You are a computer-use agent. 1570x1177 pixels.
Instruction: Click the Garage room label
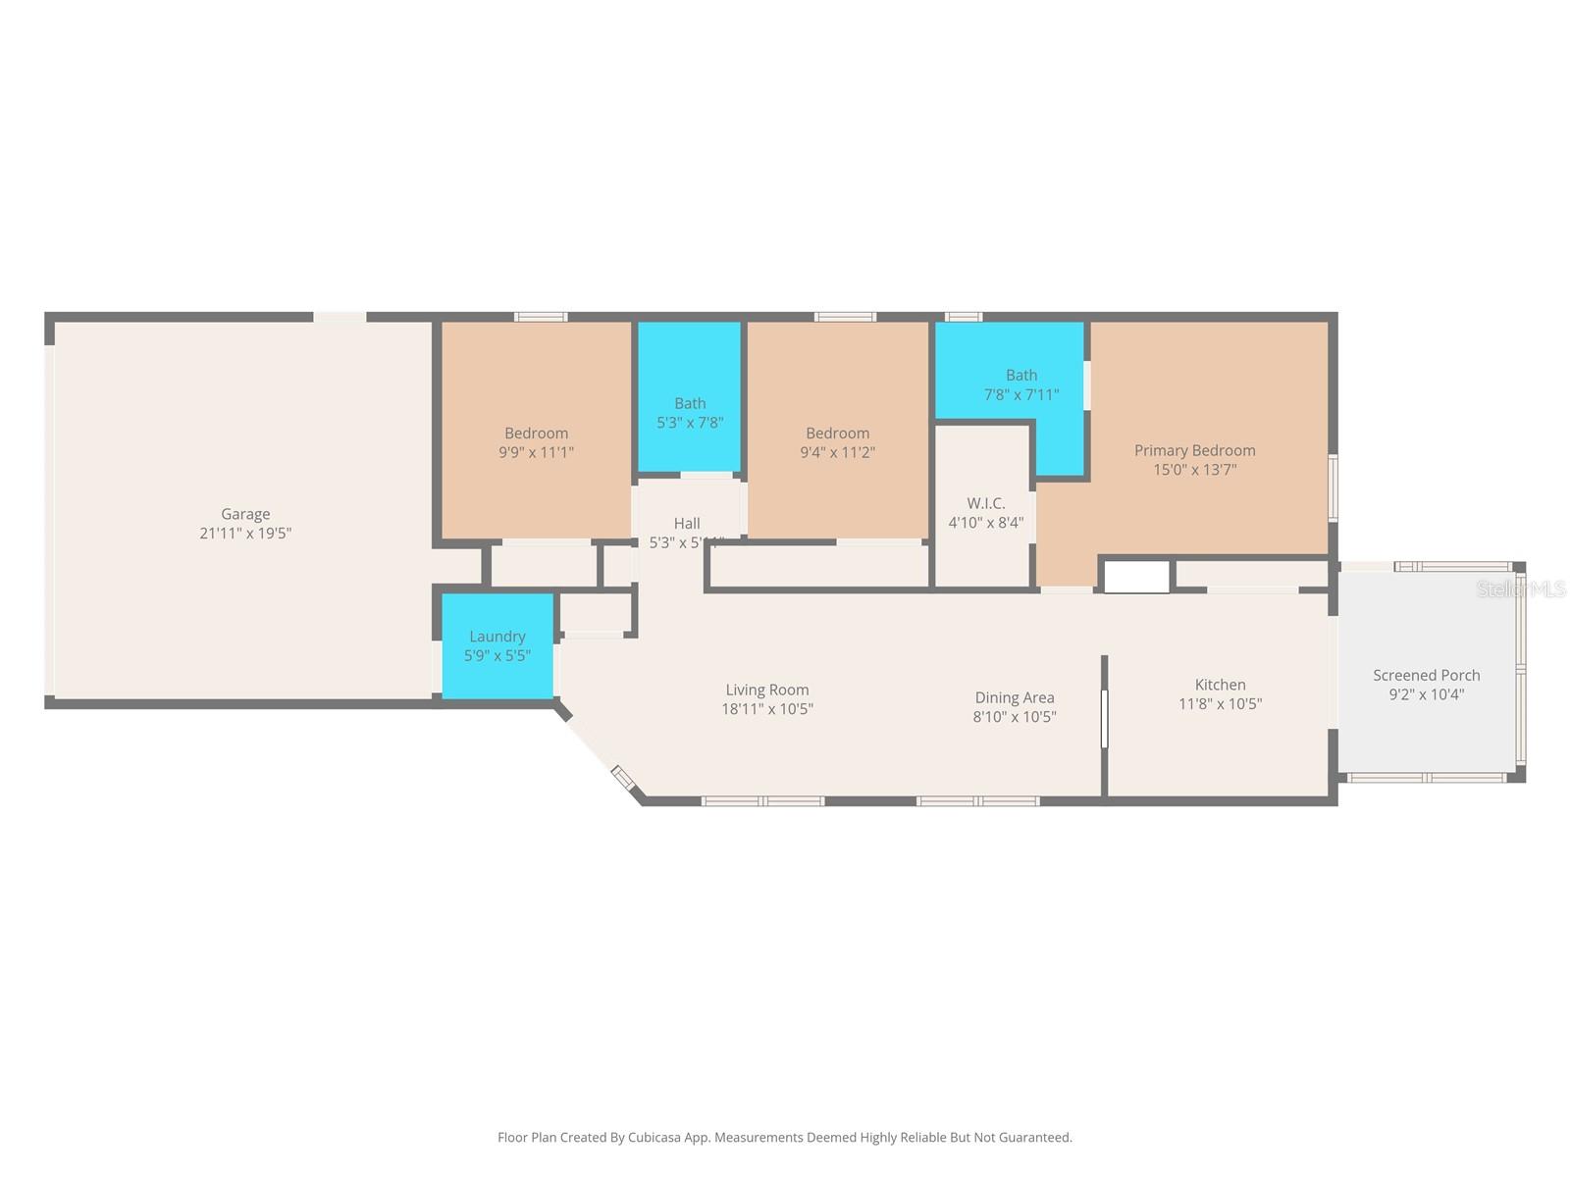(245, 514)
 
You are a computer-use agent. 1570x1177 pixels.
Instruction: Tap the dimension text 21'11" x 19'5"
(245, 534)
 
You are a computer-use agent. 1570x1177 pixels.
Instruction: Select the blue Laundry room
(497, 645)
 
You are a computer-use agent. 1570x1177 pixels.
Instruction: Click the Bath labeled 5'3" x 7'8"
(690, 413)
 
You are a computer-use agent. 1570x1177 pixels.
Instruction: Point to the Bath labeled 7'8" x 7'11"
(1021, 384)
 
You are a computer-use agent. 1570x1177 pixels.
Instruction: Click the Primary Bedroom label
(1194, 450)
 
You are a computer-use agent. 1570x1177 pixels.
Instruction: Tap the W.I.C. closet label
(985, 503)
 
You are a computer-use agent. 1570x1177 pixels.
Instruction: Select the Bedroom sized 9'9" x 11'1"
(536, 442)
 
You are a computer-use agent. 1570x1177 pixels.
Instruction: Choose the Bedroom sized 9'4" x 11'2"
(837, 442)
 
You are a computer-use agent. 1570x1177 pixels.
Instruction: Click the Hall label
(687, 524)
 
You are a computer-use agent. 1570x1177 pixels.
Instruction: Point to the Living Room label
(767, 690)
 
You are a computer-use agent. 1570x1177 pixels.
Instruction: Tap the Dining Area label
(1015, 697)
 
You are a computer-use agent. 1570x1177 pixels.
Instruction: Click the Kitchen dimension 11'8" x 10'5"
(1220, 704)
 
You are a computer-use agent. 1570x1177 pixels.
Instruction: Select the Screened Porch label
(1426, 675)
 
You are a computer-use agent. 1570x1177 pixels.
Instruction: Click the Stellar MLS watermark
(1521, 588)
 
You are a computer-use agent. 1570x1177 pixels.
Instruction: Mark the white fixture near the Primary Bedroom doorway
(1136, 577)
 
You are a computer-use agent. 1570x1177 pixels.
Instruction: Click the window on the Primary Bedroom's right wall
(1333, 487)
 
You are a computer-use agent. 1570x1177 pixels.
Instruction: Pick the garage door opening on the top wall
(340, 317)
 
